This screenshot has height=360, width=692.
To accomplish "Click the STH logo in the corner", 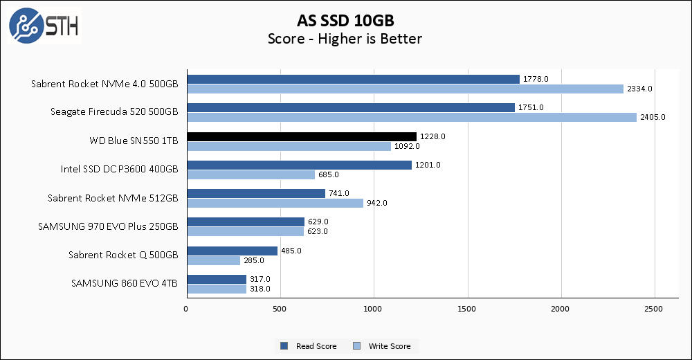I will point(43,26).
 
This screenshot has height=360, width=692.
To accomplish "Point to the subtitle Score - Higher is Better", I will point(345,39).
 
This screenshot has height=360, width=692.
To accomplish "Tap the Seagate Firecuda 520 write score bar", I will point(411,117).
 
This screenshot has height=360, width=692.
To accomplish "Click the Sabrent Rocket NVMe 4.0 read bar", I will point(353,79).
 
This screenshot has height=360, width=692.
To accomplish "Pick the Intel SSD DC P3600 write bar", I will point(251,174).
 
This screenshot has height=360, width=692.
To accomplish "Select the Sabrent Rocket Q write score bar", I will point(213,260).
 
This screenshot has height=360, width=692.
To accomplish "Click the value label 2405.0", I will point(653,117).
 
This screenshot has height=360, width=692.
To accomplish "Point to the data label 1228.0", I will point(432,136).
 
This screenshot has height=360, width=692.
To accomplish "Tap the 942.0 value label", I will point(376,203).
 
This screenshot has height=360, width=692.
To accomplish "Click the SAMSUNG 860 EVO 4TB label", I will point(125,283).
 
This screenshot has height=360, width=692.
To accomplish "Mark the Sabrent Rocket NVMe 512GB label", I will point(113,198).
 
